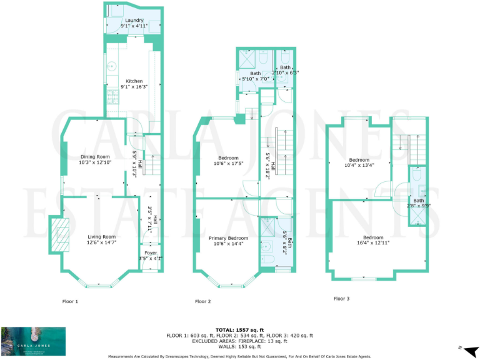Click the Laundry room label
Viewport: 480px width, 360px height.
point(134,23)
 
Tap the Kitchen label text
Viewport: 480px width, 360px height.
point(134,84)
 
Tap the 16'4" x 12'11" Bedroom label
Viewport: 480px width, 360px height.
point(373,240)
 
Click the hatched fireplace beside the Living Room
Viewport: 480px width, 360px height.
point(60,232)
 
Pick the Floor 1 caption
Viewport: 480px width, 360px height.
point(70,302)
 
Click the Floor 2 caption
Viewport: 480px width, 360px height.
point(202,302)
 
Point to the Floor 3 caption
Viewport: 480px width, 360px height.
point(341,299)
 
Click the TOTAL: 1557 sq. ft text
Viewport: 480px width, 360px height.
point(240,329)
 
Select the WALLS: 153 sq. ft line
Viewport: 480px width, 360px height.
point(240,346)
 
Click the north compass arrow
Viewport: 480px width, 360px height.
point(468,347)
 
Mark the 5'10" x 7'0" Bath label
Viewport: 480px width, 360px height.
point(251,76)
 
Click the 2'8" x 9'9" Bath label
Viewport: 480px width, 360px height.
point(417,202)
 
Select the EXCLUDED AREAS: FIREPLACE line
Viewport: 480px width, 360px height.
point(240,341)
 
